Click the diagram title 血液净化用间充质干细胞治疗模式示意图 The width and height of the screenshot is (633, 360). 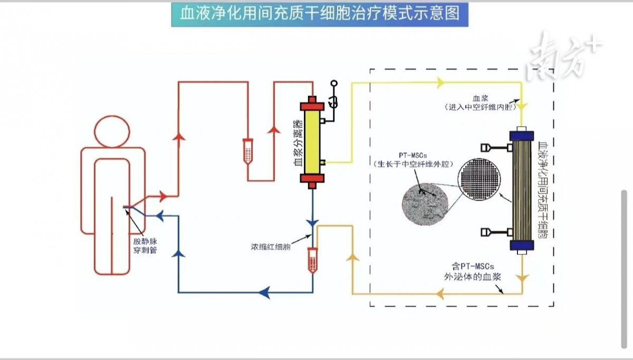320,14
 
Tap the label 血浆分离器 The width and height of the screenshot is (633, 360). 298,143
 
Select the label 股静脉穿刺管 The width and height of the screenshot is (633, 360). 145,246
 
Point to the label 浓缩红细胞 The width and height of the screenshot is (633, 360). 271,247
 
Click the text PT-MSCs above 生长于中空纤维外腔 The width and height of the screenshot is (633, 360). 413,155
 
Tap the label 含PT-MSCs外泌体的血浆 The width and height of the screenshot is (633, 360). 473,271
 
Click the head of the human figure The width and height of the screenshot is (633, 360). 112,131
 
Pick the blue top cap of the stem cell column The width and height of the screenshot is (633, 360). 522,136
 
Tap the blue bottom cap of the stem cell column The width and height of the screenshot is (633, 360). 522,245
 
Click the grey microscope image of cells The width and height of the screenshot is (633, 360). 425,204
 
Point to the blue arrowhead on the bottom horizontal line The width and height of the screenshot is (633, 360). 264,292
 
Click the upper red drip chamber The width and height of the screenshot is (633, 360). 248,151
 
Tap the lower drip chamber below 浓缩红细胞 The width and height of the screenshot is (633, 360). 312,260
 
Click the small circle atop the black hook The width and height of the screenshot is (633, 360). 334,83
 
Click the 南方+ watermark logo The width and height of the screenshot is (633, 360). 564,56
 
